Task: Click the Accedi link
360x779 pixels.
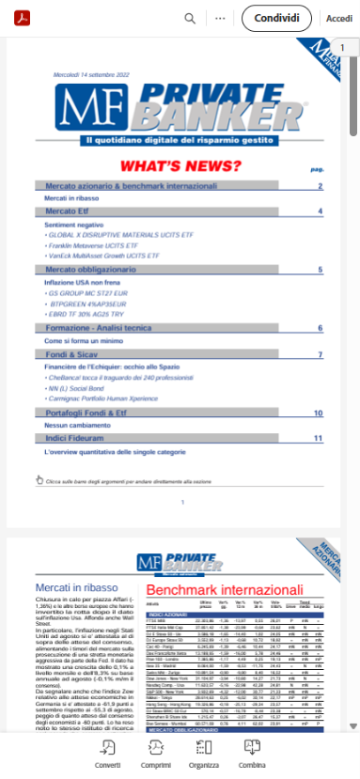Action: click(339, 18)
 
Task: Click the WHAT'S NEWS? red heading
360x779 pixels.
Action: click(183, 166)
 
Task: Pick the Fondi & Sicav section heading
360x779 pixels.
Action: click(74, 355)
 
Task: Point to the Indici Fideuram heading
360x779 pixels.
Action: click(80, 438)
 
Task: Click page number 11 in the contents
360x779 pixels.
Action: click(318, 438)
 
